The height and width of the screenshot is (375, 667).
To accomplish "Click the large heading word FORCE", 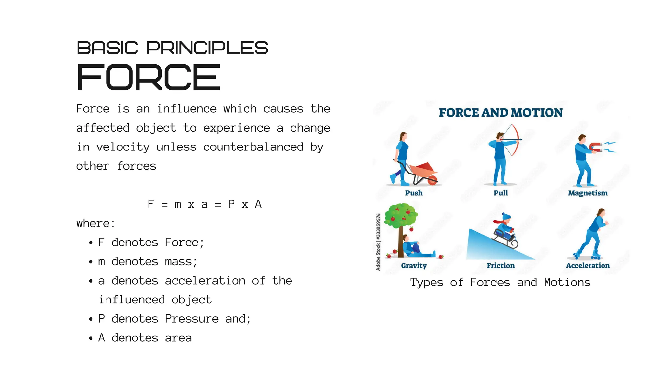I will (148, 77).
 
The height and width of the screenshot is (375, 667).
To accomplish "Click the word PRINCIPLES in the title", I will (207, 48).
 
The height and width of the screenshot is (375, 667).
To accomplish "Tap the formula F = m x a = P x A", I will (204, 204).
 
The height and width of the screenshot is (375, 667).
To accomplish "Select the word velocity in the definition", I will (123, 147).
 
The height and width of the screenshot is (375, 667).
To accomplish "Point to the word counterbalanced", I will (253, 147).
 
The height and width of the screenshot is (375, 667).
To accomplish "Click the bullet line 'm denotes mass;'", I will (148, 262).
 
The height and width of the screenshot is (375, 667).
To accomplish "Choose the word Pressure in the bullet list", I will (192, 319).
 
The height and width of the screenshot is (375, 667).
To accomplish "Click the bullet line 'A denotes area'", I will (145, 338).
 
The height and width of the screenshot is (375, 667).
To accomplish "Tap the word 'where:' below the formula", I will (95, 224).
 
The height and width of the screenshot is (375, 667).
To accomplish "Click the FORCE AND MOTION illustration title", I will (501, 113).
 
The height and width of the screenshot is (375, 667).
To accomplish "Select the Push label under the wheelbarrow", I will (414, 193).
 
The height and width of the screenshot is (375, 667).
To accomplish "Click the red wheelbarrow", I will (423, 173).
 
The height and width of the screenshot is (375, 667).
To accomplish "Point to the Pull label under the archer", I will (501, 193).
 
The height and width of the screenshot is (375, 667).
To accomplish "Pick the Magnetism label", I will (588, 193).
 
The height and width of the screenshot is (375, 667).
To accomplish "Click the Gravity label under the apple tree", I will (414, 266).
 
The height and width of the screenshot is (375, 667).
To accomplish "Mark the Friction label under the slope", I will (501, 266).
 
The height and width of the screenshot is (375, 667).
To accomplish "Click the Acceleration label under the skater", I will (588, 266).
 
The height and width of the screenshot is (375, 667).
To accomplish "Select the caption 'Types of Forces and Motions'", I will (500, 283).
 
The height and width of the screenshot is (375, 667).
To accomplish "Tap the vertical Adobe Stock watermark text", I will (378, 242).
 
